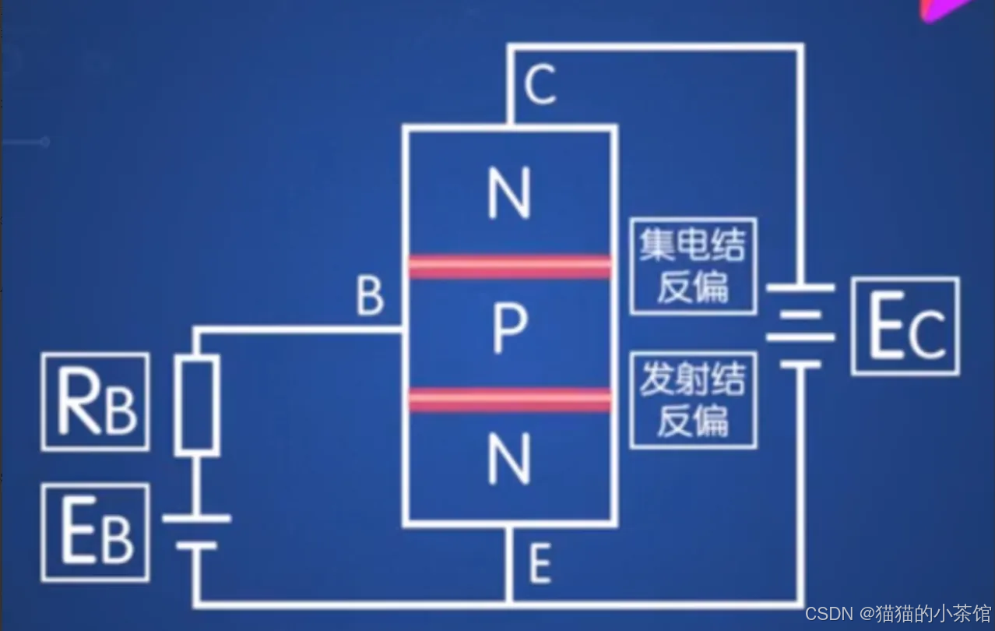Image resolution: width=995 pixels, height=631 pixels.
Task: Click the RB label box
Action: pyautogui.click(x=95, y=401)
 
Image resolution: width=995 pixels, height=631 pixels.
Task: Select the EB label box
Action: pyautogui.click(x=95, y=532)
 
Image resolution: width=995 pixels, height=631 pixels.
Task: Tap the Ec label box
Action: pyautogui.click(x=905, y=326)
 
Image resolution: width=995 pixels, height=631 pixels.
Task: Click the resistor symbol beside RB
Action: pyautogui.click(x=196, y=405)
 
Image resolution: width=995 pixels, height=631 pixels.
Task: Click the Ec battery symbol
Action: pyautogui.click(x=800, y=326)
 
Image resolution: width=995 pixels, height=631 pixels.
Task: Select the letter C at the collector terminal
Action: pyautogui.click(x=540, y=86)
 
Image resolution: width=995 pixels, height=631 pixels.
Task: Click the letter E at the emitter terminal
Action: pyautogui.click(x=540, y=564)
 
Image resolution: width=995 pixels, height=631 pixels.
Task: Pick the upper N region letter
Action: pyautogui.click(x=509, y=195)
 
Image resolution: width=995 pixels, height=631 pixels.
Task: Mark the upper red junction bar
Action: pyautogui.click(x=510, y=266)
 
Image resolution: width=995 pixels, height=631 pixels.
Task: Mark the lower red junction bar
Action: pyautogui.click(x=510, y=400)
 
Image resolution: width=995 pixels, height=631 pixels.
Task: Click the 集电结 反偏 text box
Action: pyautogui.click(x=692, y=266)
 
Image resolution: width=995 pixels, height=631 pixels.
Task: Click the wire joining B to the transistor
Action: pyautogui.click(x=300, y=330)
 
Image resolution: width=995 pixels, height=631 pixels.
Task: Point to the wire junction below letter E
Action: pyautogui.click(x=508, y=603)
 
